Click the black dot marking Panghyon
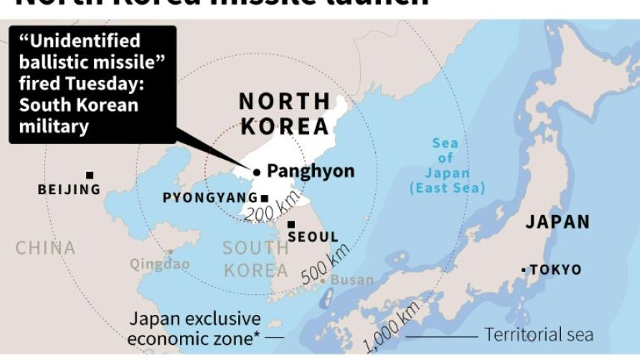pyautogui.click(x=257, y=172)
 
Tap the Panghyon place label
pyautogui.click(x=311, y=171)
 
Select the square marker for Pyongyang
pyautogui.click(x=264, y=198)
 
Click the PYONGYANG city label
pyautogui.click(x=210, y=198)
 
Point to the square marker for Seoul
pyautogui.click(x=291, y=224)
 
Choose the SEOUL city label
pyautogui.click(x=313, y=237)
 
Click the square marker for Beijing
pyautogui.click(x=90, y=176)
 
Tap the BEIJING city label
pyautogui.click(x=69, y=190)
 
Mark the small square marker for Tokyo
pyautogui.click(x=524, y=270)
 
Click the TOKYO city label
pyautogui.click(x=555, y=270)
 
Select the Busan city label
pyautogui.click(x=352, y=280)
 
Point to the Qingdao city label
pyautogui.click(x=160, y=264)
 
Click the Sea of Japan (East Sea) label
pyautogui.click(x=447, y=165)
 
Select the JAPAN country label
pyautogui.click(x=557, y=222)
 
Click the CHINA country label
pyautogui.click(x=46, y=247)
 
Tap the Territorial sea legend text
pyautogui.click(x=538, y=335)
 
